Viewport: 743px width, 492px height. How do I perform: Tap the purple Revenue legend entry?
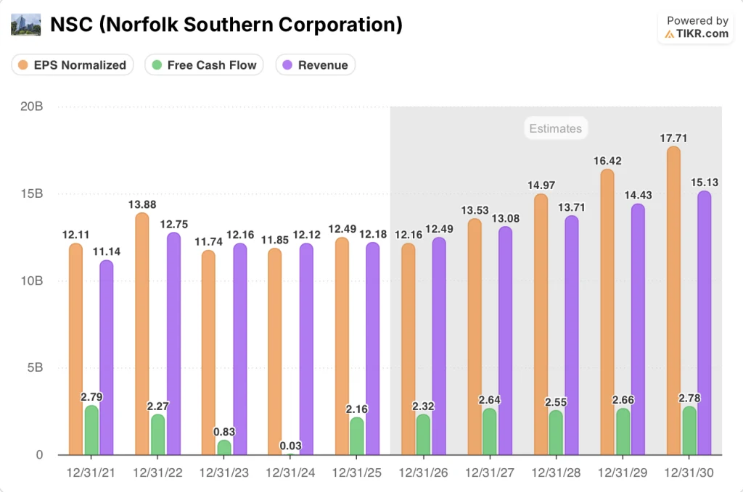pyautogui.click(x=315, y=65)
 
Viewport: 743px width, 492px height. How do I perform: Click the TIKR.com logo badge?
pyautogui.click(x=697, y=28)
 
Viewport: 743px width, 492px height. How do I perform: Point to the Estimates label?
pyautogui.click(x=555, y=129)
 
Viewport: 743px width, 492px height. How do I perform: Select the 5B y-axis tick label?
pyautogui.click(x=33, y=368)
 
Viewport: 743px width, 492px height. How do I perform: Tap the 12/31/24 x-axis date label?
pyautogui.click(x=290, y=472)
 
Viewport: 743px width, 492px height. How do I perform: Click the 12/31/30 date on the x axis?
pyautogui.click(x=689, y=472)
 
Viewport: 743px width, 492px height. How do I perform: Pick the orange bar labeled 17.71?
pyautogui.click(x=673, y=301)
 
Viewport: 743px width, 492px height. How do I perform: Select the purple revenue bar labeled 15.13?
pyautogui.click(x=704, y=323)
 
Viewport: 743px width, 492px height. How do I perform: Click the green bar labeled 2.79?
pyautogui.click(x=91, y=430)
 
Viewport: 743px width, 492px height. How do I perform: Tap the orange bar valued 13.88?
pyautogui.click(x=142, y=333)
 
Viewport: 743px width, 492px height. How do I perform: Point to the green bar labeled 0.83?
pyautogui.click(x=224, y=448)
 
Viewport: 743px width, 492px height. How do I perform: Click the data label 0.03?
pyautogui.click(x=290, y=446)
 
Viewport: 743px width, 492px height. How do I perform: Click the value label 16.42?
pyautogui.click(x=607, y=161)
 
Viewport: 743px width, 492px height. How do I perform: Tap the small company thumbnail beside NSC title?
pyautogui.click(x=26, y=25)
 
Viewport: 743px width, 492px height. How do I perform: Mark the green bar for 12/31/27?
pyautogui.click(x=490, y=432)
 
